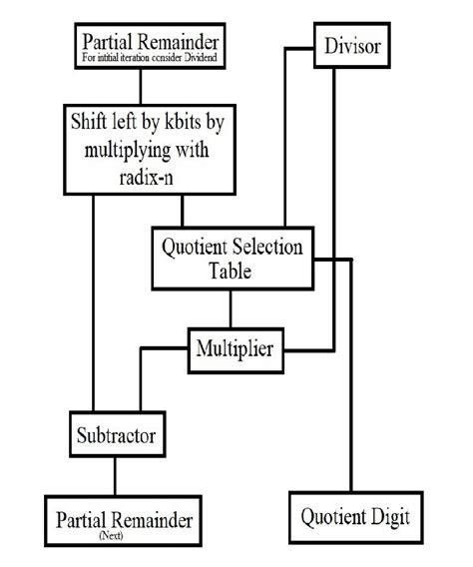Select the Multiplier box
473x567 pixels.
pyautogui.click(x=236, y=349)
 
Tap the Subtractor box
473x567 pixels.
pyautogui.click(x=117, y=435)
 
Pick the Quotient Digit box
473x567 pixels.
pyautogui.click(x=354, y=518)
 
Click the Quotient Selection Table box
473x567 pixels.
pyautogui.click(x=232, y=258)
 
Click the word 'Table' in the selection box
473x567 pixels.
pyautogui.click(x=232, y=270)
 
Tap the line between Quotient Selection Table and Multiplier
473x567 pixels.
pyautogui.click(x=232, y=309)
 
